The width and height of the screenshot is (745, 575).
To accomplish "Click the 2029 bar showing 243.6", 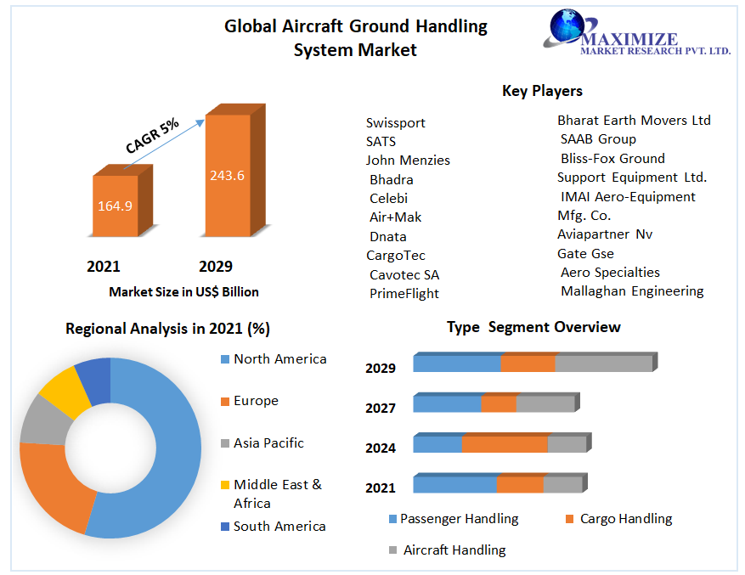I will pyautogui.click(x=227, y=176).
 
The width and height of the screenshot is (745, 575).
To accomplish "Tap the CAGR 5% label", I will pyautogui.click(x=153, y=136).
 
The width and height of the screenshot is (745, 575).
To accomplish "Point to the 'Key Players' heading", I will pyautogui.click(x=542, y=91).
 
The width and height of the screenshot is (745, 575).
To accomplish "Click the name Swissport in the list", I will pyautogui.click(x=395, y=122).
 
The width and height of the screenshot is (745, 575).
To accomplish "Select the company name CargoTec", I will pyautogui.click(x=395, y=255).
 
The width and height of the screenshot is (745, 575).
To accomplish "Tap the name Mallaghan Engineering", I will pyautogui.click(x=632, y=290).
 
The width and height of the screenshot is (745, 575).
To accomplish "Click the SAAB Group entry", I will pyautogui.click(x=598, y=138).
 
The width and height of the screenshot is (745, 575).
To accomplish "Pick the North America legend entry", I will pyautogui.click(x=279, y=358).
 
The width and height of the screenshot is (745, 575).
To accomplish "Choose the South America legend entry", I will pyautogui.click(x=279, y=526).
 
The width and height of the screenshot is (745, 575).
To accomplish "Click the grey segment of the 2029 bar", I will pyautogui.click(x=603, y=364).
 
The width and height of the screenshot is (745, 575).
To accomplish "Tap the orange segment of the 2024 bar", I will pyautogui.click(x=505, y=444).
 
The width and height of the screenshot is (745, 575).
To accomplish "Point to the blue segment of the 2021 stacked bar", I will pyautogui.click(x=454, y=485).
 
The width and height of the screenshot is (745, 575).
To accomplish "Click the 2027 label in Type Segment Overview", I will pyautogui.click(x=381, y=408).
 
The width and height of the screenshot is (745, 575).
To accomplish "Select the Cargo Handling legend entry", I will pyautogui.click(x=625, y=518).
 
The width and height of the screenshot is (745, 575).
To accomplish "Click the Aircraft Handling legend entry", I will pyautogui.click(x=454, y=550).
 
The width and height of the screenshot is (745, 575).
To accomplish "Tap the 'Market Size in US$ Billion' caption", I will pyautogui.click(x=183, y=291).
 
